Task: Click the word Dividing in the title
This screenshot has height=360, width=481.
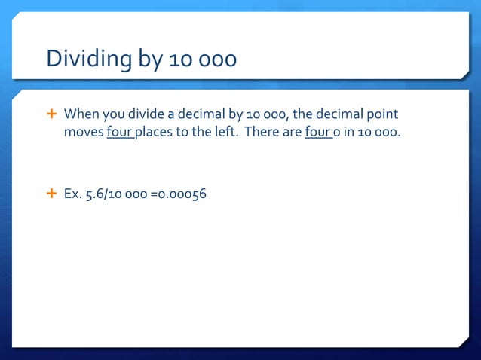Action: pyautogui.click(x=88, y=59)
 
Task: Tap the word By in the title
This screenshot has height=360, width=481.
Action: pyautogui.click(x=148, y=59)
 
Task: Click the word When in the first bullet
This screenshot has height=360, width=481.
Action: pyautogui.click(x=81, y=114)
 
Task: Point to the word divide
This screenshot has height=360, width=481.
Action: pyautogui.click(x=147, y=114)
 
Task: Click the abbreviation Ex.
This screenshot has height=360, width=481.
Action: pyautogui.click(x=73, y=194)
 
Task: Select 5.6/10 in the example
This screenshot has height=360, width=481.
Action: pyautogui.click(x=105, y=194)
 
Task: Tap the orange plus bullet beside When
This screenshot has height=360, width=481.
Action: pyautogui.click(x=52, y=114)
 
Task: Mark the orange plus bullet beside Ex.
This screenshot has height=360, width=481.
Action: pyautogui.click(x=52, y=193)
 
